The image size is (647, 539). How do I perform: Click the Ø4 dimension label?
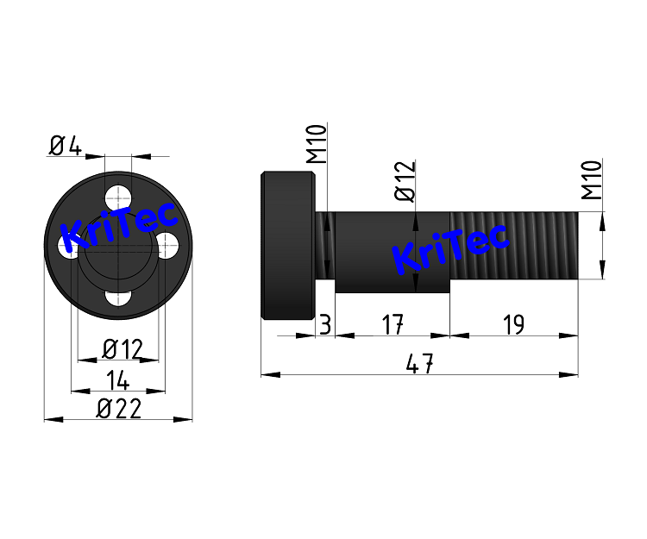[x=65, y=146]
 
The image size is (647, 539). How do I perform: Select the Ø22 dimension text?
[x=118, y=409]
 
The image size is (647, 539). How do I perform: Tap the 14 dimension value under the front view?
[x=118, y=379]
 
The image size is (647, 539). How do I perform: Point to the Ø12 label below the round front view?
[x=122, y=349]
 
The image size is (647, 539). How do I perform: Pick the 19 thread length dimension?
[x=512, y=325]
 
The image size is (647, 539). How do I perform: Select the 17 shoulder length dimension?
[x=393, y=325]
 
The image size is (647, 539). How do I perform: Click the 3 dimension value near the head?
[x=324, y=325]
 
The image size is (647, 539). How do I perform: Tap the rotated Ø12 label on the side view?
[x=405, y=181]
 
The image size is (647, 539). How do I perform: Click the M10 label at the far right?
[x=591, y=179]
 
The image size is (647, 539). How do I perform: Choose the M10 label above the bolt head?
[x=317, y=144]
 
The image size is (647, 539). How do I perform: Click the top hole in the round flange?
[x=118, y=192]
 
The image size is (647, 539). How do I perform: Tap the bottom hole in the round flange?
[x=118, y=298]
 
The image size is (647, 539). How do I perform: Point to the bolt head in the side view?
[x=287, y=246]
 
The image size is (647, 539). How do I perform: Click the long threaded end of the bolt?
[x=513, y=246]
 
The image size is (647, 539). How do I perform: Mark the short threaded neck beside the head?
[x=326, y=246]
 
